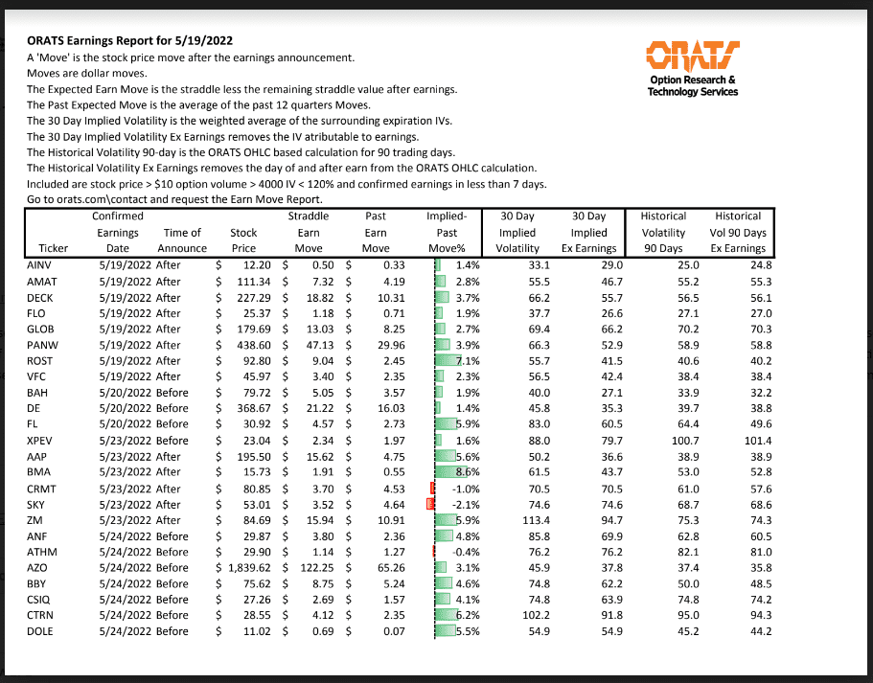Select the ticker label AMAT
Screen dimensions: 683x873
44,281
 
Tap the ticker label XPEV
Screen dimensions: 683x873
42,440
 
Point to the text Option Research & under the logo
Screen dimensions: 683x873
693,80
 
